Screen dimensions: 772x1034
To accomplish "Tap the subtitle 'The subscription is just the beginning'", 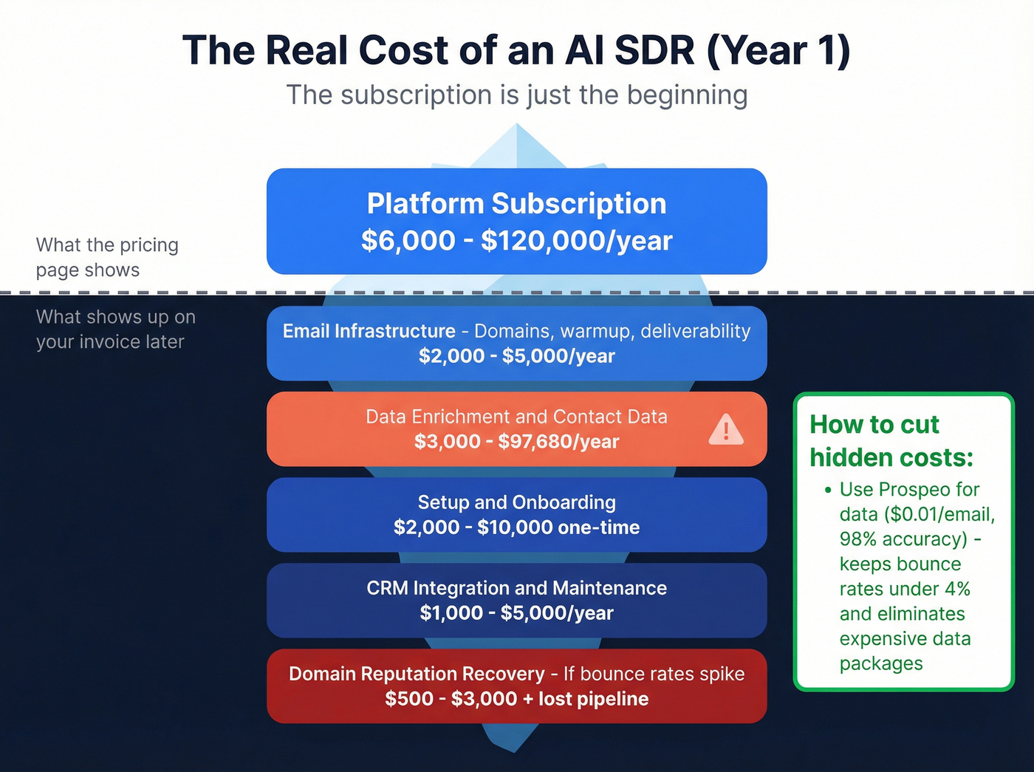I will click(x=516, y=95).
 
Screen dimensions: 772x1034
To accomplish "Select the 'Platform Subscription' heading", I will click(x=516, y=204).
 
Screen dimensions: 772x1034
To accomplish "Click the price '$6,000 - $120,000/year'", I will click(x=516, y=241).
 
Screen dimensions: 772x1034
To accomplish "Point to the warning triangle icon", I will click(x=725, y=429).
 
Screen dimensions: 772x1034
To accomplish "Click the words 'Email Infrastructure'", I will click(x=369, y=331).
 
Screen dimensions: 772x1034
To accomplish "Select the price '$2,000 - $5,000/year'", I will click(x=516, y=356).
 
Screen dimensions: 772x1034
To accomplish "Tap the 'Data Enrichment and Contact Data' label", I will click(x=516, y=417).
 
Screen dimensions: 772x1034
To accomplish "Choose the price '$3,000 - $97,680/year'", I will click(x=516, y=442).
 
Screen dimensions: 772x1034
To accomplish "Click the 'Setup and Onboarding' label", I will click(x=516, y=502).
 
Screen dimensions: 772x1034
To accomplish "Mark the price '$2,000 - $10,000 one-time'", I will click(x=516, y=527).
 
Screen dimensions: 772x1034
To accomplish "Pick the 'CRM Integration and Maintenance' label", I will click(x=516, y=588).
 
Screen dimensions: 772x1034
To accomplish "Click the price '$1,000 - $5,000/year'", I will click(x=516, y=613).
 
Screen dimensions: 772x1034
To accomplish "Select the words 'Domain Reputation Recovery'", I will click(x=417, y=674).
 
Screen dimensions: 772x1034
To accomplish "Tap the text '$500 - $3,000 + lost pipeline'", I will click(x=516, y=699).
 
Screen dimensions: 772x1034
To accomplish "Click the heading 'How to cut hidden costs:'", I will click(x=891, y=441).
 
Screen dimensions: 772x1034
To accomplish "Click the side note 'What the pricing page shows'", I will click(x=107, y=257).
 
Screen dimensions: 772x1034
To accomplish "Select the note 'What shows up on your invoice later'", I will click(x=115, y=329).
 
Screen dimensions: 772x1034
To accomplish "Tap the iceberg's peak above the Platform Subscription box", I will click(x=516, y=144).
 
